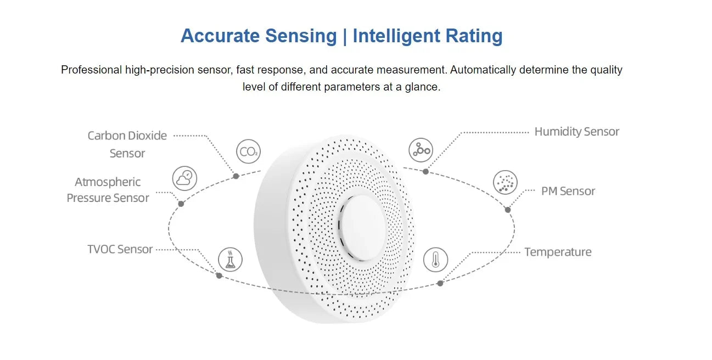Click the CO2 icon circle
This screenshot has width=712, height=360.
point(248,151)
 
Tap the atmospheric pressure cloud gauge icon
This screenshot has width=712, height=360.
point(184,178)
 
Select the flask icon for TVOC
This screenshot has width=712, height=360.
point(230,260)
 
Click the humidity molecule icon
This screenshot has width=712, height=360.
point(421,150)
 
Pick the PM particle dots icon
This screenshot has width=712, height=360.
point(505,182)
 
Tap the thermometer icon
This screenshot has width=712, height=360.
point(435,260)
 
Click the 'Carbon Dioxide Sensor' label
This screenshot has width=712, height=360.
point(127,144)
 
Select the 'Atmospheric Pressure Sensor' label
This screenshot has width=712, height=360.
point(108,190)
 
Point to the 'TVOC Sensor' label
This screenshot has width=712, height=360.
point(120,250)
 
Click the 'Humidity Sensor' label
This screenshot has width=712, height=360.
point(576,132)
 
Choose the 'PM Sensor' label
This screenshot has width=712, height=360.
point(568,192)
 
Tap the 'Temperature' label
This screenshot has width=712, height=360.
point(558,252)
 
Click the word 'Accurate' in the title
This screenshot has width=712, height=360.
point(220,36)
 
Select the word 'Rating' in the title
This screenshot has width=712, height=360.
point(474,36)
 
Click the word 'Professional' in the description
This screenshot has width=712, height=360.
point(92,70)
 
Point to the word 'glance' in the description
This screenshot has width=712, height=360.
point(422,87)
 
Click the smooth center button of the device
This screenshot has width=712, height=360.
point(362,228)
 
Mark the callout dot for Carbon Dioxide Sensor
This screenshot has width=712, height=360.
point(236,176)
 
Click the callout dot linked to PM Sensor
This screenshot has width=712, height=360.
point(508,210)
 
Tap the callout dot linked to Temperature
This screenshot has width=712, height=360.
point(440,283)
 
